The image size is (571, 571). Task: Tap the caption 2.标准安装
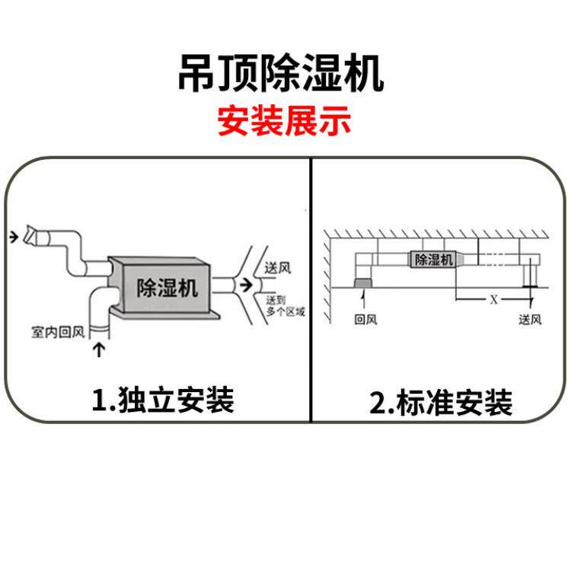pos(441,403)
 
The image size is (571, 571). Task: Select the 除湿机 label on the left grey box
pos(167,288)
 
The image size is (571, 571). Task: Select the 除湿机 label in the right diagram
pos(433,260)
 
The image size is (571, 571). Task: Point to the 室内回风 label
pos(57,333)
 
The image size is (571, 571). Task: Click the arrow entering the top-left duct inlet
pos(14,238)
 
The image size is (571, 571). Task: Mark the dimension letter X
pos(493,299)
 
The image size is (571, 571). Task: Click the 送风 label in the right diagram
pos(530,320)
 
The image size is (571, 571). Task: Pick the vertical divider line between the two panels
pos(312,289)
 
